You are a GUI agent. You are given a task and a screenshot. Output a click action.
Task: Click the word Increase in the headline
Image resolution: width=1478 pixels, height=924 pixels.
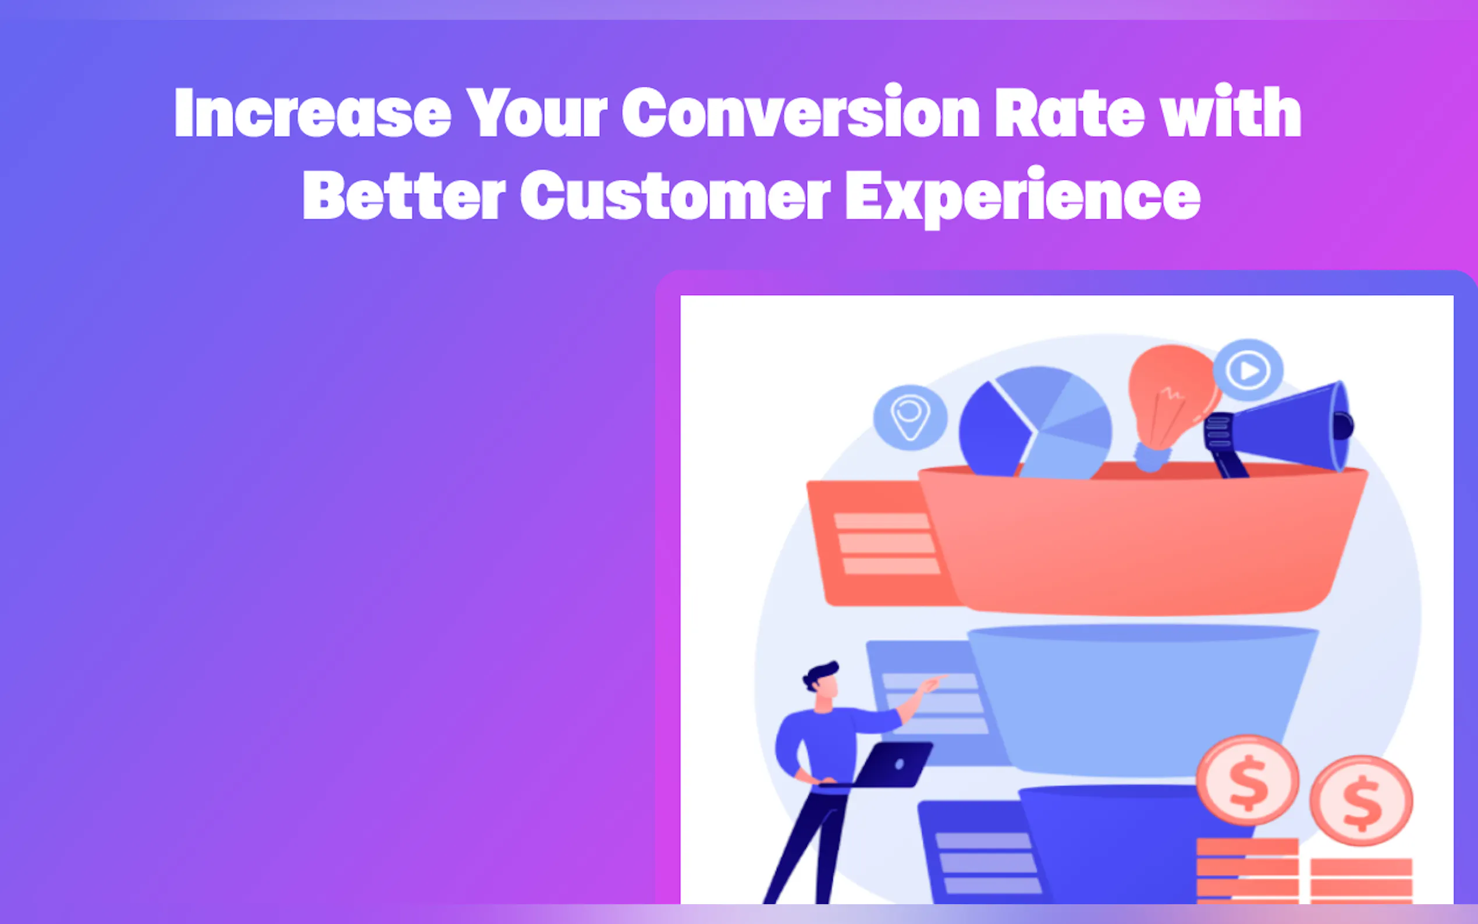[x=313, y=111]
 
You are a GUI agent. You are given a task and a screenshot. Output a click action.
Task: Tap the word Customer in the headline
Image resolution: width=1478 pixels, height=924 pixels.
[x=675, y=195]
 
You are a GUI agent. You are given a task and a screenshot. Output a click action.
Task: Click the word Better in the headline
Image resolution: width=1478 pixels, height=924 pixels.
[x=404, y=195]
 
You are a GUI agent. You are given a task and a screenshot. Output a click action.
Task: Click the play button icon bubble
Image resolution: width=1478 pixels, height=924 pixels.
[x=1248, y=370]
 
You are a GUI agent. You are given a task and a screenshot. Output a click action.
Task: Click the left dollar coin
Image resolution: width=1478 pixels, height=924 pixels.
[x=1248, y=780]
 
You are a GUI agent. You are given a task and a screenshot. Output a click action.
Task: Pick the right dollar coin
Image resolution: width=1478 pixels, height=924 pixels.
[x=1361, y=801]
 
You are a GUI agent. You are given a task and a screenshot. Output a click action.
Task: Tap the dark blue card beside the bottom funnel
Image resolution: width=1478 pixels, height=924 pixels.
[x=978, y=852]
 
